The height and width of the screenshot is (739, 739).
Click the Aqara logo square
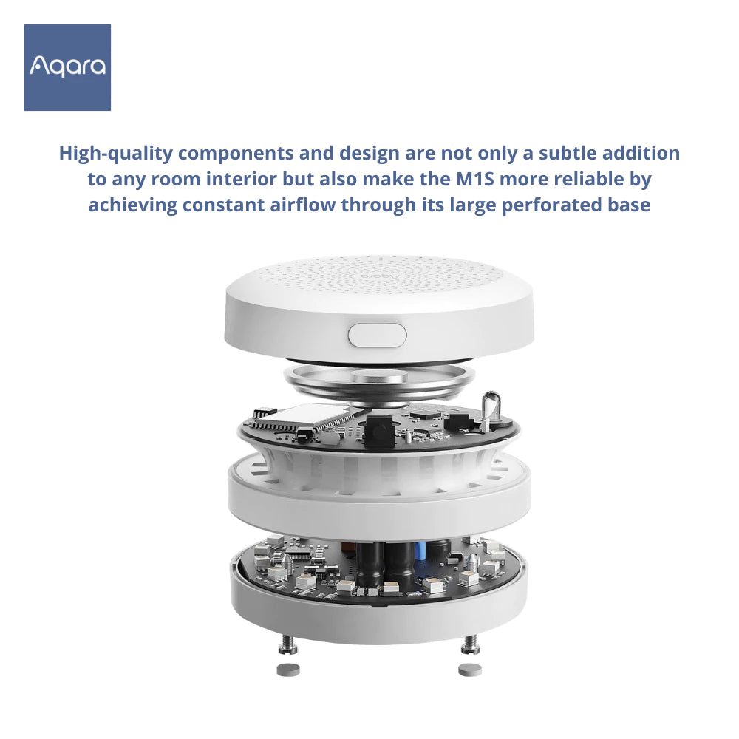coord(67,67)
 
